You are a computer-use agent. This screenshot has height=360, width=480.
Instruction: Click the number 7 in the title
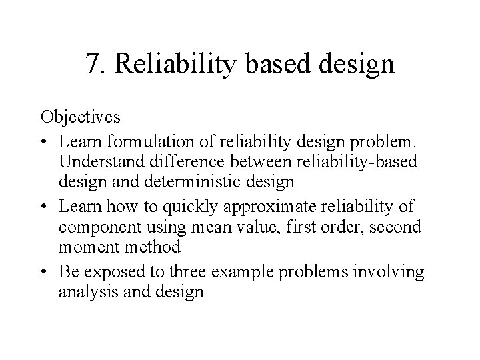tap(93, 64)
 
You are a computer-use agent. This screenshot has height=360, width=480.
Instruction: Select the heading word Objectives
tap(81, 117)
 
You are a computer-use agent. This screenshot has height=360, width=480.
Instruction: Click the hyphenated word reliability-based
tap(350, 161)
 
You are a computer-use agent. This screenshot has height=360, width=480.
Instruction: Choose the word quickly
tap(199, 205)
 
